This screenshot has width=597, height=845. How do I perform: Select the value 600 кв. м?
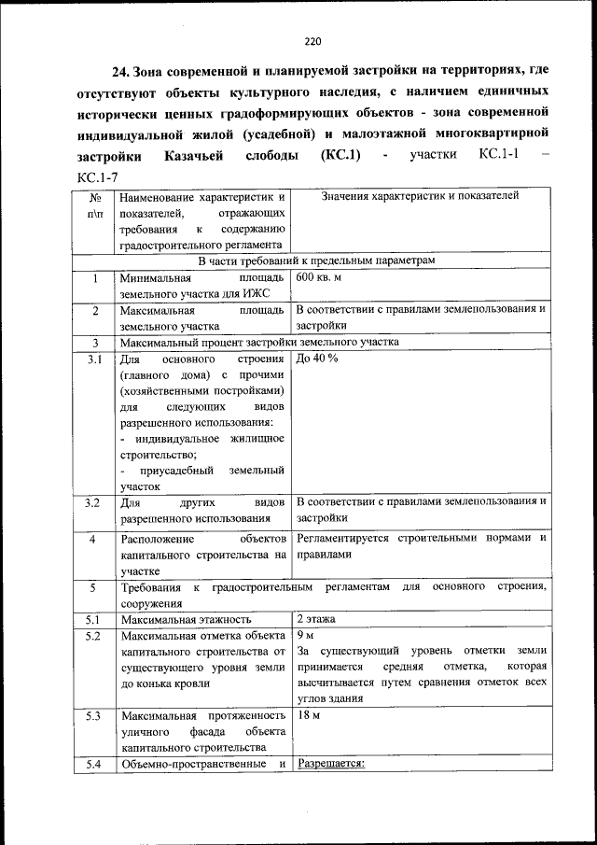pos(319,278)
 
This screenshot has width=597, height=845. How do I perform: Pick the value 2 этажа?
pos(317,618)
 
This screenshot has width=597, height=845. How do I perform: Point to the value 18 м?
pos(308,715)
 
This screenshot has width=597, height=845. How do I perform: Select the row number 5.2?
pos(92,636)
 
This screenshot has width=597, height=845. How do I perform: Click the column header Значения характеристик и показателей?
pos(419,196)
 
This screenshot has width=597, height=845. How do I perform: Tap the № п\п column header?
pos(93,205)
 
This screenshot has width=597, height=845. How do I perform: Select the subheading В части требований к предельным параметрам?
pos(316,261)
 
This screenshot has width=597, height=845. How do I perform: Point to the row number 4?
pos(92,539)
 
